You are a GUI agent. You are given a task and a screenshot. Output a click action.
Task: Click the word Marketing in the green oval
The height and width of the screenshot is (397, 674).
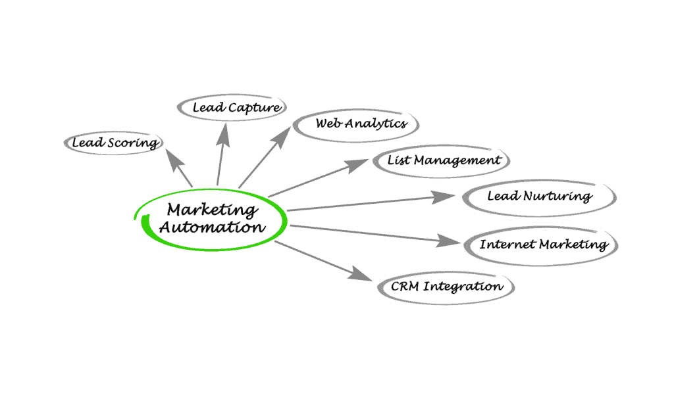211,210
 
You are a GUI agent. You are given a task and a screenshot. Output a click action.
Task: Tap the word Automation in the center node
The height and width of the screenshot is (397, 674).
213,227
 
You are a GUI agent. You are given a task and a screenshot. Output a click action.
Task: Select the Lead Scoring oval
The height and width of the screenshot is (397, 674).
114,143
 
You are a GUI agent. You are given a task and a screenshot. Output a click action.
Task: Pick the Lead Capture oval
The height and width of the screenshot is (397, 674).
236,107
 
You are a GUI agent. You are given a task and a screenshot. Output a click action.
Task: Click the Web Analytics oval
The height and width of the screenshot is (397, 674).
356,124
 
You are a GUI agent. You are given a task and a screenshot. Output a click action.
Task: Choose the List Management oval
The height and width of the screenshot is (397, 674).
442,160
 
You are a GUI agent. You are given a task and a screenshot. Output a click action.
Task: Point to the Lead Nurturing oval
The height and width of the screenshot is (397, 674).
538,196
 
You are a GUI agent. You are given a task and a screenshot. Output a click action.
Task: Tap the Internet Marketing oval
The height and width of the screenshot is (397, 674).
542,245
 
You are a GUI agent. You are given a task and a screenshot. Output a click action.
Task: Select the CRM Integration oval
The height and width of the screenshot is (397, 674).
446,287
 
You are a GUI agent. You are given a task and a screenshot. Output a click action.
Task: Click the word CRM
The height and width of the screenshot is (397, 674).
404,287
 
